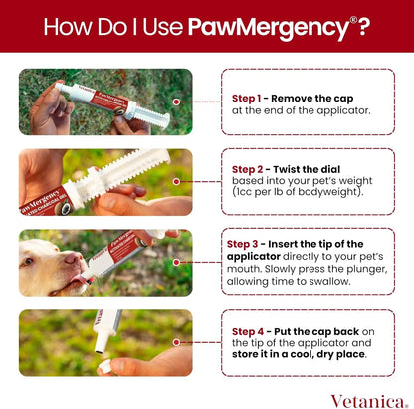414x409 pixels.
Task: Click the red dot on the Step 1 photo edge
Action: click(x=177, y=101)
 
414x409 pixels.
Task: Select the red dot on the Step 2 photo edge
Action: click(x=177, y=181)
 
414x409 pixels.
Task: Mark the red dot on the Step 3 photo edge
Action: click(x=177, y=261)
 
